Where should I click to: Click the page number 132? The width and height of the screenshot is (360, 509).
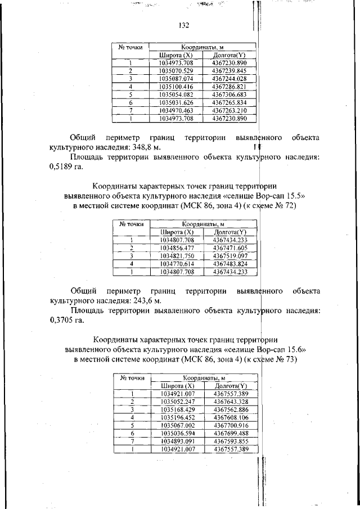tap(183, 25)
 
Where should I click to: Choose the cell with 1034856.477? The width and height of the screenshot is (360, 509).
tap(176, 247)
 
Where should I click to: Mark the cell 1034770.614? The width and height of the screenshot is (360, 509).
tap(176, 263)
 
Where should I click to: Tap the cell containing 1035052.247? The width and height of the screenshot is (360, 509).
tap(177, 401)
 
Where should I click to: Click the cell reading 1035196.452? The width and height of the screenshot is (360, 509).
tap(177, 417)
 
